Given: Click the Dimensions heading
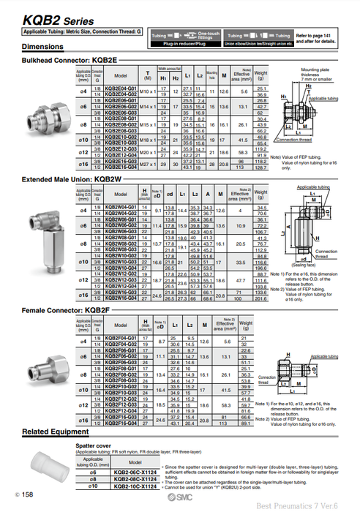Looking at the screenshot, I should click(x=43, y=47).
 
